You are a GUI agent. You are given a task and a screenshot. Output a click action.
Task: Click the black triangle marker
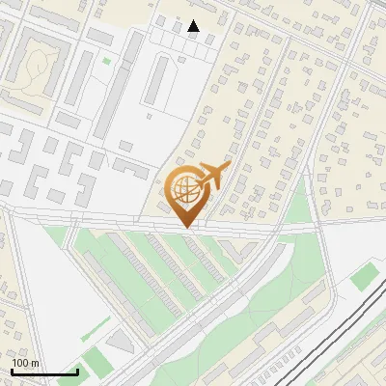(194, 27)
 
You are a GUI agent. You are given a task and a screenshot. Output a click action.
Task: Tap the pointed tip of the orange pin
(186, 227)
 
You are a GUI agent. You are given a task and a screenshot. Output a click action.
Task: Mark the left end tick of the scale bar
(12, 372)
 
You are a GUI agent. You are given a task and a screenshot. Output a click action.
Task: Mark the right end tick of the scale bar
(77, 372)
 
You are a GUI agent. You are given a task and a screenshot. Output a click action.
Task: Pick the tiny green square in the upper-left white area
(107, 62)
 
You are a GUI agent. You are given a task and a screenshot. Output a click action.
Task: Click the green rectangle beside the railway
(362, 278)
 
